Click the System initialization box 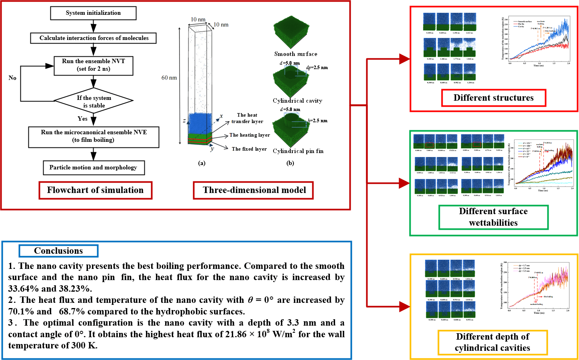coord(93,13)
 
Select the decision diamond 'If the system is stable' coord(94,101)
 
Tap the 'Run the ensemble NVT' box coord(94,65)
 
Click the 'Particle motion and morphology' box coord(94,167)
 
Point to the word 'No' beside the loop coord(12,78)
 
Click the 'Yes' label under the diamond coord(82,119)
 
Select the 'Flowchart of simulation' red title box coord(95,190)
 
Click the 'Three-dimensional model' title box coord(254,190)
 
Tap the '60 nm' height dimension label coord(169,78)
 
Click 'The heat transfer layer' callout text coord(247,118)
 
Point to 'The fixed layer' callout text coord(249,149)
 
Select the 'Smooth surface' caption coord(295,54)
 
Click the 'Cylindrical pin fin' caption coord(298,151)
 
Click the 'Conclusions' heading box coord(58,251)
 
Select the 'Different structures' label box coord(493,98)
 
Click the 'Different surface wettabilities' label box coord(493,217)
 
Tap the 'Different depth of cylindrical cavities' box coord(492,342)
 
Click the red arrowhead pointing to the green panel coord(404,183)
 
